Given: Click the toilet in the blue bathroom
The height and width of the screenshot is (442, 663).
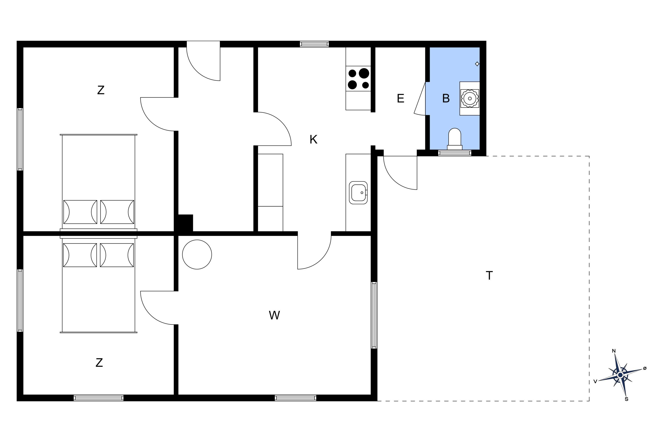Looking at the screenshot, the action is tap(454, 139).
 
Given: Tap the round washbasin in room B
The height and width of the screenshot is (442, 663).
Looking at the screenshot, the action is tap(470, 98).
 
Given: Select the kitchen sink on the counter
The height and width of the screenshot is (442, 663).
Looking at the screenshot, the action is tap(358, 193).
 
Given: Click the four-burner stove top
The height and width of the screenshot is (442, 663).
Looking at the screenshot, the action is tap(358, 79).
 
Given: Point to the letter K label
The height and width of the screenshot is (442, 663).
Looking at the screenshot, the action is tap(313, 139).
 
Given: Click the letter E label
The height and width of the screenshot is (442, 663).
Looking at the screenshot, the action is tap(400, 98).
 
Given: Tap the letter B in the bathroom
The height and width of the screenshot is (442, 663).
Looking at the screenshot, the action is tap(446, 98).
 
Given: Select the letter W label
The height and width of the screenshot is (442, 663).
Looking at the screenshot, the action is tap(274, 315).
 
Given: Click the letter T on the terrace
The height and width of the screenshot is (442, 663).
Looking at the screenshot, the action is tap(489, 275).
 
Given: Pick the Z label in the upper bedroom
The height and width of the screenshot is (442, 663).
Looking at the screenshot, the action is tap(101, 90).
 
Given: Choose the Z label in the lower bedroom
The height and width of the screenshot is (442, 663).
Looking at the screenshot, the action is tap(99, 362).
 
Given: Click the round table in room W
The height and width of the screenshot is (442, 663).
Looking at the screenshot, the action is tap(197, 255).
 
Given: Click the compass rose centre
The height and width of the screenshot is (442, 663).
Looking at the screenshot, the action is tap(620, 375).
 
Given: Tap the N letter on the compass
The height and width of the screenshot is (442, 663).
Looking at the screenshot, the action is tap(614, 351).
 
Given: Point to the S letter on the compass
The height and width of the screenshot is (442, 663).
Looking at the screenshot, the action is tap(627, 399).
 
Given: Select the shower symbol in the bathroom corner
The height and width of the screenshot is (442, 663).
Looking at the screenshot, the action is tap(477, 64).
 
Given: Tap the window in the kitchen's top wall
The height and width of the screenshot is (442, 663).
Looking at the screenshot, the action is tap(314, 44).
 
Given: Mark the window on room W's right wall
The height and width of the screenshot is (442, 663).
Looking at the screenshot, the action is tap(374, 315).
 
